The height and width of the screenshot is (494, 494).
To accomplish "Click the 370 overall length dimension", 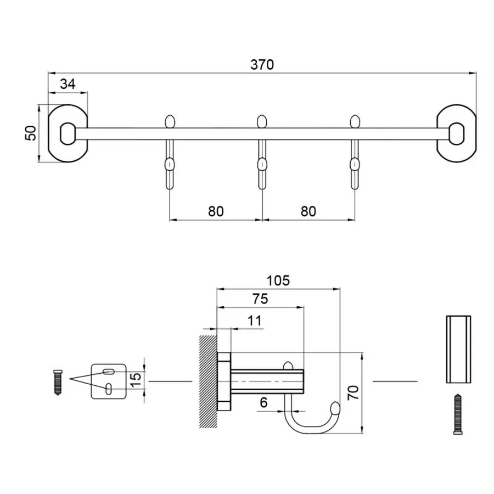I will (262, 64).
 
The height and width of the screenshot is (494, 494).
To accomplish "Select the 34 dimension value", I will (68, 84).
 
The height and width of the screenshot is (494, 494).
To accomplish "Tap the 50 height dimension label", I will (31, 133).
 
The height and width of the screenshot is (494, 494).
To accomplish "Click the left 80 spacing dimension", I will (216, 211).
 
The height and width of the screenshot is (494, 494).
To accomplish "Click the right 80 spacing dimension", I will (308, 211).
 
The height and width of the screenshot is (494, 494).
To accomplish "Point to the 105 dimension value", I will (278, 280).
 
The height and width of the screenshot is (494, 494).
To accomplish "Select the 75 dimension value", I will (260, 299).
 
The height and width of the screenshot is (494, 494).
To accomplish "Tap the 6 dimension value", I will (263, 402).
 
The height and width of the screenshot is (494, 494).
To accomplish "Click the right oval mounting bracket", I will (456, 133).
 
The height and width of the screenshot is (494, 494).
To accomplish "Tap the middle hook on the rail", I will (262, 159).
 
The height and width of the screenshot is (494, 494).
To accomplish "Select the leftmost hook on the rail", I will (170, 159).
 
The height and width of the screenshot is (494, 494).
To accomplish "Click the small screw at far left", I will (57, 382).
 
